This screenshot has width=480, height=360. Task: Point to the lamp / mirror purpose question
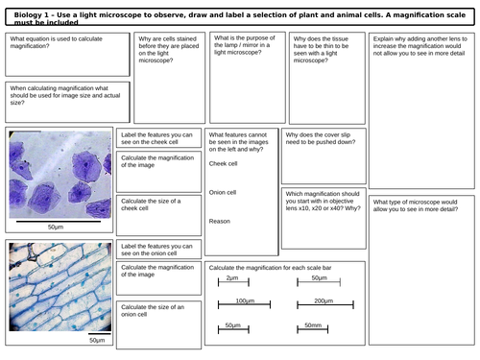(x=235, y=53)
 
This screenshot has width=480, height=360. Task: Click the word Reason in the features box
(x=220, y=221)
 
